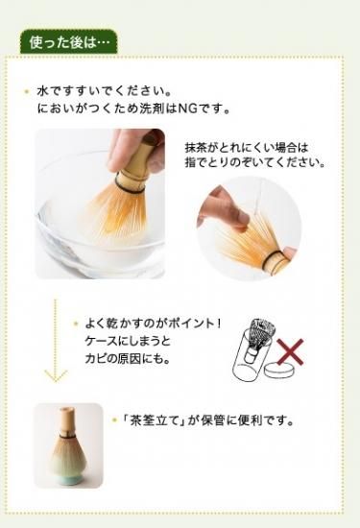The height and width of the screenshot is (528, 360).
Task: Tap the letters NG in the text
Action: (x=187, y=108)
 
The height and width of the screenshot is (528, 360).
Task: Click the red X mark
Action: (x=290, y=352)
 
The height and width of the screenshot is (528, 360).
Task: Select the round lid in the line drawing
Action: (x=278, y=370)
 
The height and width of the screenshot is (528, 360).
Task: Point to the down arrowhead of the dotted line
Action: (x=56, y=375)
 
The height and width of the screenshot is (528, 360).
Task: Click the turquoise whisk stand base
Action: (x=67, y=479)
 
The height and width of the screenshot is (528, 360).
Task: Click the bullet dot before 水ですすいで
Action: (x=27, y=91)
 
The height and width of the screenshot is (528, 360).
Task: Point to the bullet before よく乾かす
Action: (x=76, y=324)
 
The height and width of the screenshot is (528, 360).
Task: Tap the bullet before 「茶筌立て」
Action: (x=114, y=420)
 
